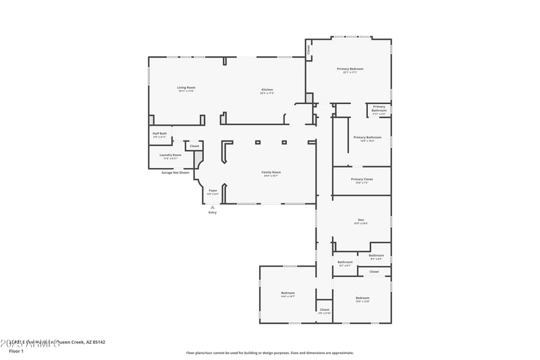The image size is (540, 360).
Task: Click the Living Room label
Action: point(186,88)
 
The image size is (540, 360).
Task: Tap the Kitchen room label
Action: point(267,90)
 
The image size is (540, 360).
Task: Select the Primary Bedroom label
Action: point(350,69)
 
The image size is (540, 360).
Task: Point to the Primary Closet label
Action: point(362,179)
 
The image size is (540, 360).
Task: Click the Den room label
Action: point(361,221)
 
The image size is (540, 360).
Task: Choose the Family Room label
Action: point(271,172)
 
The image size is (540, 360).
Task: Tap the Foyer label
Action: point(213,191)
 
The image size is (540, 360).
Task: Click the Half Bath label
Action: point(159,134)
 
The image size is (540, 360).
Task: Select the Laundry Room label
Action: point(170,155)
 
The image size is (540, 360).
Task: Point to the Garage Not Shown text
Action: point(175,172)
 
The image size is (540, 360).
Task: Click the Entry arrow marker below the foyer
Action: point(213,207)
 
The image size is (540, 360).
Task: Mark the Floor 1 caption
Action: point(16,351)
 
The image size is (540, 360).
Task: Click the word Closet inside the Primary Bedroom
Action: point(309,49)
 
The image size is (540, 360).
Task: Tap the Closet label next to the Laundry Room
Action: point(194,146)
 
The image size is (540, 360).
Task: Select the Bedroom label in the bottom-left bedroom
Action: point(288,293)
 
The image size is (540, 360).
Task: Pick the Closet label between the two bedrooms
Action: point(325,309)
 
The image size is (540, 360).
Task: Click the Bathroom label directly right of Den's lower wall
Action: point(376,255)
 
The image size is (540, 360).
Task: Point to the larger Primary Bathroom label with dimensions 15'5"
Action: point(363,138)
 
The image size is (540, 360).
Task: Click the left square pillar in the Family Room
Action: point(257,143)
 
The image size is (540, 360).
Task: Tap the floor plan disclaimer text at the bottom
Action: point(269,353)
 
